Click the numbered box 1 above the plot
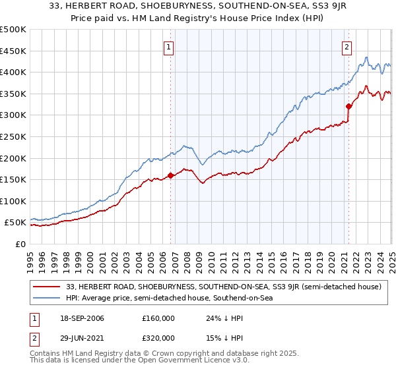pos(170,47)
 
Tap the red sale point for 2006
pos(171,175)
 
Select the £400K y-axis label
pos(14,72)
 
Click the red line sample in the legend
pos(48,287)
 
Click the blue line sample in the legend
pos(48,298)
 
